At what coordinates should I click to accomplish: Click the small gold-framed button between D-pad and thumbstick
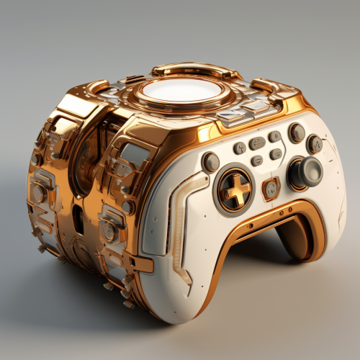[271, 189]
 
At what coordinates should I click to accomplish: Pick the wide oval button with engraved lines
[257, 143]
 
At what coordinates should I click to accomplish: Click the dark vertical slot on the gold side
[78, 219]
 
